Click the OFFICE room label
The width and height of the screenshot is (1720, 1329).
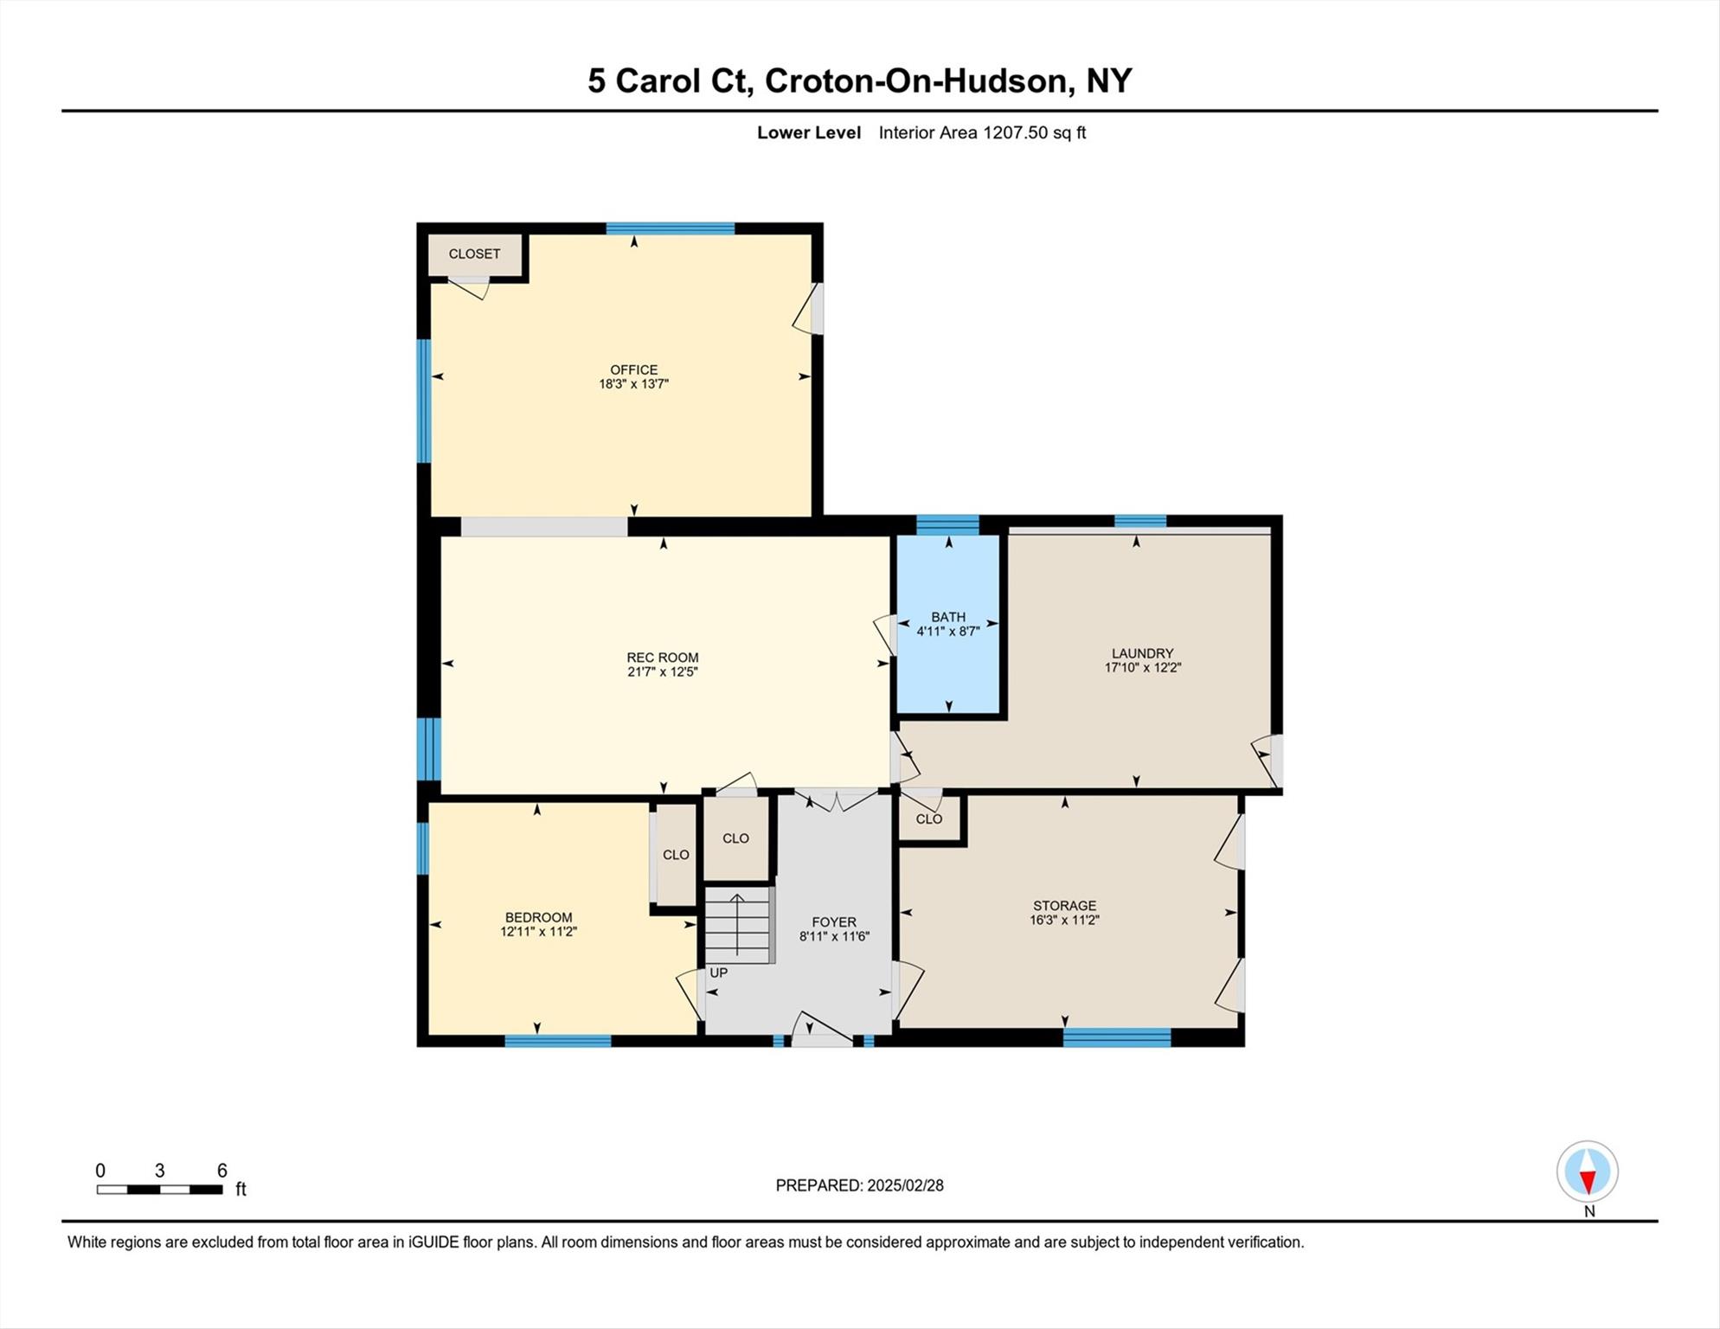633,369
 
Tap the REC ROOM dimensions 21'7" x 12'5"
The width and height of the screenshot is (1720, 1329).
662,671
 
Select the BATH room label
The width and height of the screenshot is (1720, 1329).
947,617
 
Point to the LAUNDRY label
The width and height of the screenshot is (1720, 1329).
1142,653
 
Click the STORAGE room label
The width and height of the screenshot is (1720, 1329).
1064,906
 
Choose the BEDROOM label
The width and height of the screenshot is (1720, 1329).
538,917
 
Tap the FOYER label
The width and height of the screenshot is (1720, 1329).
833,922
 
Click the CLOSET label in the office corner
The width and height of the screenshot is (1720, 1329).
474,254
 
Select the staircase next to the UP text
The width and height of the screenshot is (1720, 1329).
737,926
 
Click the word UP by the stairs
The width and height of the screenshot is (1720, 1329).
718,973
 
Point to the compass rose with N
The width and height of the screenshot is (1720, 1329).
1587,1172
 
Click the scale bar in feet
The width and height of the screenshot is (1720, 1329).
160,1189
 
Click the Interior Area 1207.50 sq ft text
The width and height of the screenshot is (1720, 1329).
981,132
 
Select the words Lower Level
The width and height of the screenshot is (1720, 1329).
808,132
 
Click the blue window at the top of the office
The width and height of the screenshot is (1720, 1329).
670,228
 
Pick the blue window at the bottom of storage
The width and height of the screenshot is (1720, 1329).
1116,1037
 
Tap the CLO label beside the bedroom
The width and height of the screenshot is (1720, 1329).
676,855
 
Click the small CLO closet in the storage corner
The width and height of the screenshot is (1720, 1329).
928,819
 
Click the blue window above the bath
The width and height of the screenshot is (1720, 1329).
947,524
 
